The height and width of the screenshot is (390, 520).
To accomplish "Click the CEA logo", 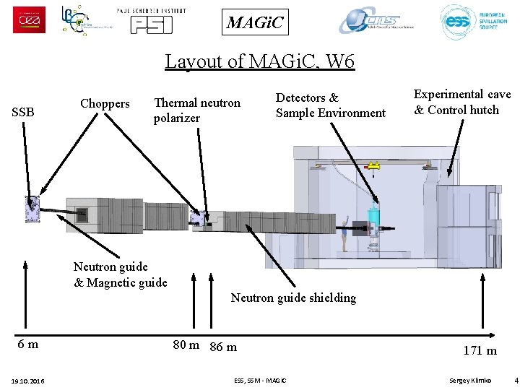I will click(x=29, y=20).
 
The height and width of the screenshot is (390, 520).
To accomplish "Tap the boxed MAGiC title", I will click(x=256, y=22).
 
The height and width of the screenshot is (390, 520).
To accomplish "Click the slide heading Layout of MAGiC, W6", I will click(x=260, y=61).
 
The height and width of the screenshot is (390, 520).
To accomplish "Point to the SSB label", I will click(x=23, y=112).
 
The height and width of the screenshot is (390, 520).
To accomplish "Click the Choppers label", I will click(x=105, y=103).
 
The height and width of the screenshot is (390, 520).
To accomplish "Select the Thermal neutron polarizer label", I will click(x=196, y=110).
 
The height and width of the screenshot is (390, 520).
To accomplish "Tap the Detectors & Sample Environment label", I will click(x=330, y=105).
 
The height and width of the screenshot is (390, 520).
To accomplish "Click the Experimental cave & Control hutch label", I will click(x=461, y=102).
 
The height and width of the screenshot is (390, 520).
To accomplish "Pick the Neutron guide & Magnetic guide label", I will click(x=120, y=274).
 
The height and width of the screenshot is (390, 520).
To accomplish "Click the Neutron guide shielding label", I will click(x=293, y=298).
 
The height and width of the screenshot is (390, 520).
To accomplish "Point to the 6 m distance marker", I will click(x=28, y=344).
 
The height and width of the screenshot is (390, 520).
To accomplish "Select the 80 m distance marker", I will click(x=186, y=344).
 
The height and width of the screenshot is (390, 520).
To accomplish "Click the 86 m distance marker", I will click(x=223, y=347).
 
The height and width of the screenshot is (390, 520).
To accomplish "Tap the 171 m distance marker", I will click(x=480, y=350).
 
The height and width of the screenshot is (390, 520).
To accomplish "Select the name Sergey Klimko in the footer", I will click(x=469, y=380).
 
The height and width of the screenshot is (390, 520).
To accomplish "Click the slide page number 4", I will click(x=516, y=380).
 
